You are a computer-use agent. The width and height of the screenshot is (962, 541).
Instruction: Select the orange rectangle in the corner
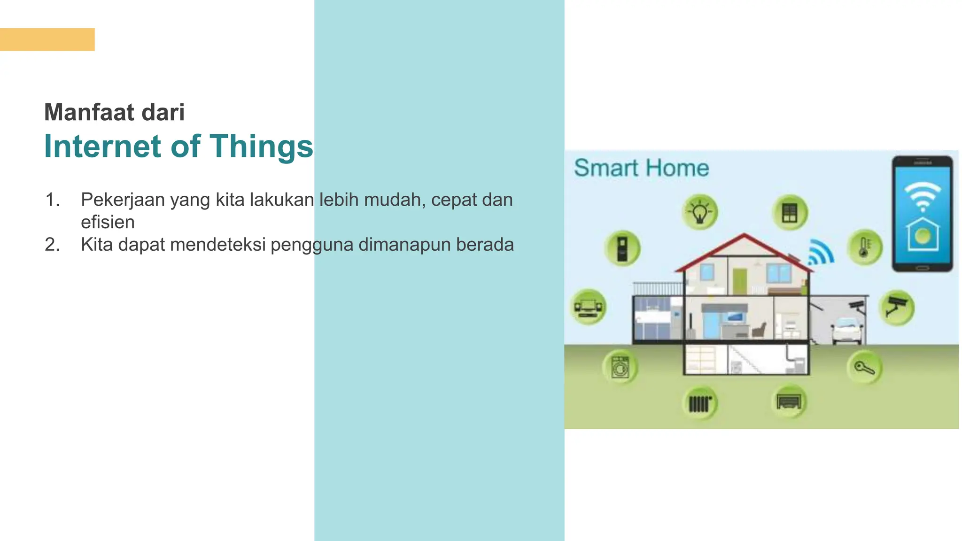pos(47,39)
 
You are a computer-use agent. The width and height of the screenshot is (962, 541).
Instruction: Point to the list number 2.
pos(52,245)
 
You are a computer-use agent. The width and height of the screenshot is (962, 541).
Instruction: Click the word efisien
pos(108,222)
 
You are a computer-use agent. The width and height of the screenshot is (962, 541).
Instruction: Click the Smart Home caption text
pos(641,168)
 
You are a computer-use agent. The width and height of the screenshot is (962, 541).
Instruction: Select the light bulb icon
pos(700,212)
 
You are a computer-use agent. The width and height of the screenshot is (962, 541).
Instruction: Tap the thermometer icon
pos(865,247)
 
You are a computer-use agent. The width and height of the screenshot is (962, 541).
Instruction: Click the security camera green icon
pos(897,308)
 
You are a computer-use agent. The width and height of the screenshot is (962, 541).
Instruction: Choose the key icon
pos(864,367)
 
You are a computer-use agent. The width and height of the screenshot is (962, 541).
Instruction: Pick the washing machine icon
pos(620,367)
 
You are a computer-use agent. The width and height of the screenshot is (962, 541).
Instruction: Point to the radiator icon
pos(700,403)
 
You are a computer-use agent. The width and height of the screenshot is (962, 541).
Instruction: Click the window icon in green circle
pos(790,212)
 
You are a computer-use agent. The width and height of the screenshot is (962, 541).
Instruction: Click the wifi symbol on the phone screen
pos(923,196)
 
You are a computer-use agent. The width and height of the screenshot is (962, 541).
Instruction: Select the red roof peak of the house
pos(744,235)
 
